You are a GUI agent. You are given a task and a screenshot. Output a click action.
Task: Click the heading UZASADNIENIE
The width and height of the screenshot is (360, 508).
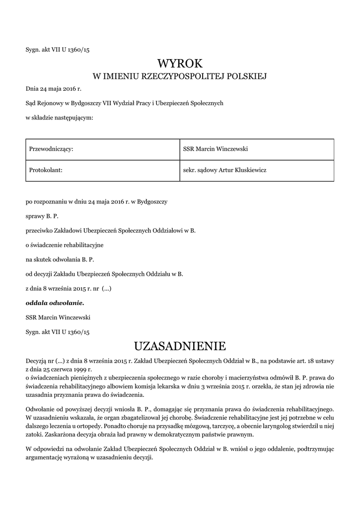[x=180, y=345]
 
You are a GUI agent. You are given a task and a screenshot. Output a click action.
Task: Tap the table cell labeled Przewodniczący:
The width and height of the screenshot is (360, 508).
[x=102, y=149]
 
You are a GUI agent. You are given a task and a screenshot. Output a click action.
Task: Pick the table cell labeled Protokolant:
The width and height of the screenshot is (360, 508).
[x=102, y=170]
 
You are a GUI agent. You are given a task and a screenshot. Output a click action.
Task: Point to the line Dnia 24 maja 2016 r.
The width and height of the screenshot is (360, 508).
[x=53, y=89]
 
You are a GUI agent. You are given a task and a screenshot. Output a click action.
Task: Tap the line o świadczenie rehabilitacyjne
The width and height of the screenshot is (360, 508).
[x=65, y=245]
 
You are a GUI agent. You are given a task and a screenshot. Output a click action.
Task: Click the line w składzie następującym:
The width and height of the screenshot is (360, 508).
[x=59, y=118]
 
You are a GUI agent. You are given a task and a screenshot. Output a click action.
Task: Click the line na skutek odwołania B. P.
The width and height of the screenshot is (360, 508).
[x=60, y=259]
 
